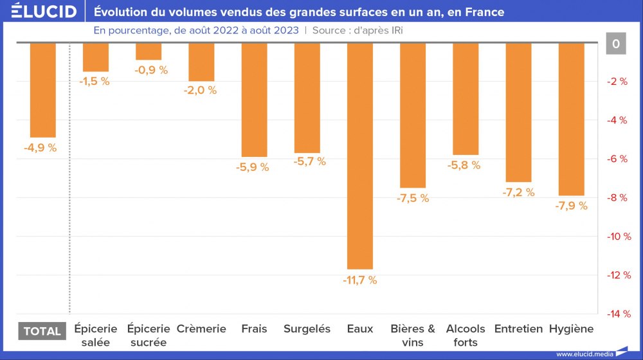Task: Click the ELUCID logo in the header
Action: pos(44,12)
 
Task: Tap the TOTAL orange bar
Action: pos(43,90)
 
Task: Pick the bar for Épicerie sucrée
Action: pos(149,51)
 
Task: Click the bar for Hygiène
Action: pos(571,119)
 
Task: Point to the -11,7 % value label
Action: pos(359,280)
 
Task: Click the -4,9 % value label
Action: pos(40,148)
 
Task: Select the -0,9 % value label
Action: pos(151,70)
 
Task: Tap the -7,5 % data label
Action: pos(412,199)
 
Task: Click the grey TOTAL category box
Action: pos(42,331)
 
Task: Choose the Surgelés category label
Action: pos(307,329)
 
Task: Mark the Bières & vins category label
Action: pos(413,336)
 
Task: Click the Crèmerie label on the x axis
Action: pos(201,329)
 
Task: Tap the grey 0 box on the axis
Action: pos(616,44)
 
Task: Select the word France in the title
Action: pos(484,12)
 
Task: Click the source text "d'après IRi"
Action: pos(376,30)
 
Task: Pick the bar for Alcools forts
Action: pos(466,99)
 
